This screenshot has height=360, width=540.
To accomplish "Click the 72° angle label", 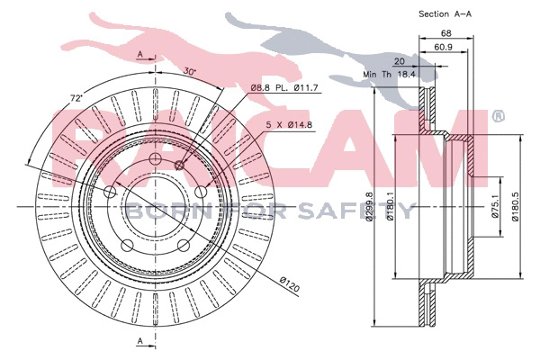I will [51, 96].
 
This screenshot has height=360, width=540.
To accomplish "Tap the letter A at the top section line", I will [139, 55].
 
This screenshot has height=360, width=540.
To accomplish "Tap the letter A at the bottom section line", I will [139, 339].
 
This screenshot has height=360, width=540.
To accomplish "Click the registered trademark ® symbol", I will [498, 117].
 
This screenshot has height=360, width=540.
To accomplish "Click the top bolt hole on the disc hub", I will [154, 160].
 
